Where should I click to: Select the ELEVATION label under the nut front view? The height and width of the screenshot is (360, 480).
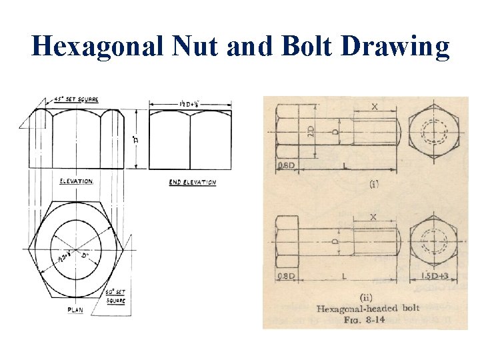pyautogui.click(x=76, y=181)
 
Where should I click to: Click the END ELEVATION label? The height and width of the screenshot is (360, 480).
pyautogui.click(x=192, y=182)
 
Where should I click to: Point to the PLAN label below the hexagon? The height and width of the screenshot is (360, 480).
pyautogui.click(x=76, y=310)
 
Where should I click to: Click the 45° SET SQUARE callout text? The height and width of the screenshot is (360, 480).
pyautogui.click(x=75, y=99)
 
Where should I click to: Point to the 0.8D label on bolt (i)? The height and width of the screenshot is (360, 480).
pyautogui.click(x=287, y=166)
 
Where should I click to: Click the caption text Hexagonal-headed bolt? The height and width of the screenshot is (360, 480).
pyautogui.click(x=368, y=308)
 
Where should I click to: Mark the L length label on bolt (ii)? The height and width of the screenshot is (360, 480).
pyautogui.click(x=345, y=275)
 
